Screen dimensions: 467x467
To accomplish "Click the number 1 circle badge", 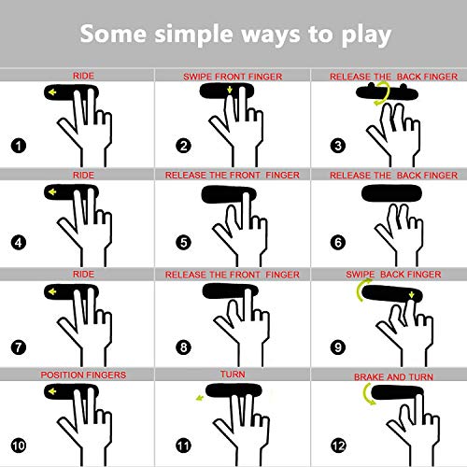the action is (19, 146).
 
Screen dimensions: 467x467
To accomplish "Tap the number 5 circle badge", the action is (183, 243).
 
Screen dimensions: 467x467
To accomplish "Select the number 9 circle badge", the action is (338, 347).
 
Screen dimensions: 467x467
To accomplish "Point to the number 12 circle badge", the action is (338, 446).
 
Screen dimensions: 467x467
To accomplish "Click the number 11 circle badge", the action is (183, 446).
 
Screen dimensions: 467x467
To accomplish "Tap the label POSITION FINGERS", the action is (83, 375).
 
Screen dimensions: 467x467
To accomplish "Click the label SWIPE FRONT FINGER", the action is (233, 77).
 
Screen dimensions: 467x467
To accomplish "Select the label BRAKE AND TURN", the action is (393, 377).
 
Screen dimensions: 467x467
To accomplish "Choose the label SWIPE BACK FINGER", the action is (393, 275).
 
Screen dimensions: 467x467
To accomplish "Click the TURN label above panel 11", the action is (233, 375).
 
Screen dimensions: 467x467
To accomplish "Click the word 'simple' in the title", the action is (193, 35).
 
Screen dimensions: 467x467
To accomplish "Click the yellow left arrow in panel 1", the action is (52, 92).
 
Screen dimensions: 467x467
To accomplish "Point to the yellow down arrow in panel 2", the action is (230, 90).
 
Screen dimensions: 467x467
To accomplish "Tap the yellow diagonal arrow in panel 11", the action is (200, 398).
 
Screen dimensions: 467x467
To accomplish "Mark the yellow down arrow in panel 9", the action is (412, 295).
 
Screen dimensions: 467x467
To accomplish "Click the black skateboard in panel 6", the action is (391, 193).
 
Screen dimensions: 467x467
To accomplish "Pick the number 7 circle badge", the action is (19, 347).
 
